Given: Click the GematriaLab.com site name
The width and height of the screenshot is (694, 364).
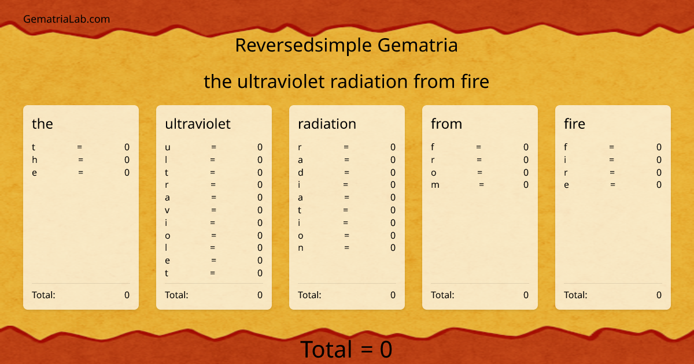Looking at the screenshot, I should click(x=67, y=19).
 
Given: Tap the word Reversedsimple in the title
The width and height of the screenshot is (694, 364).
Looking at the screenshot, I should click(x=304, y=45).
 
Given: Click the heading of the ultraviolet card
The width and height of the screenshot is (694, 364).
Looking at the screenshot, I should click(x=198, y=124).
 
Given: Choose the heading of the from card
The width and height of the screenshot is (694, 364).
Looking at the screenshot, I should click(x=446, y=124).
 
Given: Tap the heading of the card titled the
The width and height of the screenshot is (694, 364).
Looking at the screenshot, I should click(x=42, y=124).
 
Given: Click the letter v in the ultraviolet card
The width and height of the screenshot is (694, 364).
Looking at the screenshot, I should click(x=167, y=210).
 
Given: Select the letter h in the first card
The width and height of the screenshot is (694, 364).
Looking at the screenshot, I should click(x=35, y=159).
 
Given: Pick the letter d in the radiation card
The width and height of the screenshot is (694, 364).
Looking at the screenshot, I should click(x=301, y=172).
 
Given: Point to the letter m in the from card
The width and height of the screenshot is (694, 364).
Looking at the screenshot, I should click(x=435, y=185).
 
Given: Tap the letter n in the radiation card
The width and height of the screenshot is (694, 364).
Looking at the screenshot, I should click(x=301, y=248).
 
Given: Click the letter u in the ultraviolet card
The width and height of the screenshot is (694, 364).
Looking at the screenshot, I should click(x=168, y=147).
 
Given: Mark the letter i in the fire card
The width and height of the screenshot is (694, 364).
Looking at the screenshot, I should click(x=565, y=159).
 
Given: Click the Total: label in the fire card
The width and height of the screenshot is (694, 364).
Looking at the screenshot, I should click(x=575, y=295).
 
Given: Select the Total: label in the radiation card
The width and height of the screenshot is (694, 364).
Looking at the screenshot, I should click(x=309, y=295).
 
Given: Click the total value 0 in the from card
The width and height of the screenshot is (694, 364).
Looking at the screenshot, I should click(x=526, y=295).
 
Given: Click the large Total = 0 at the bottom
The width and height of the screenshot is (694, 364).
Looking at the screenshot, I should click(x=346, y=349).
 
